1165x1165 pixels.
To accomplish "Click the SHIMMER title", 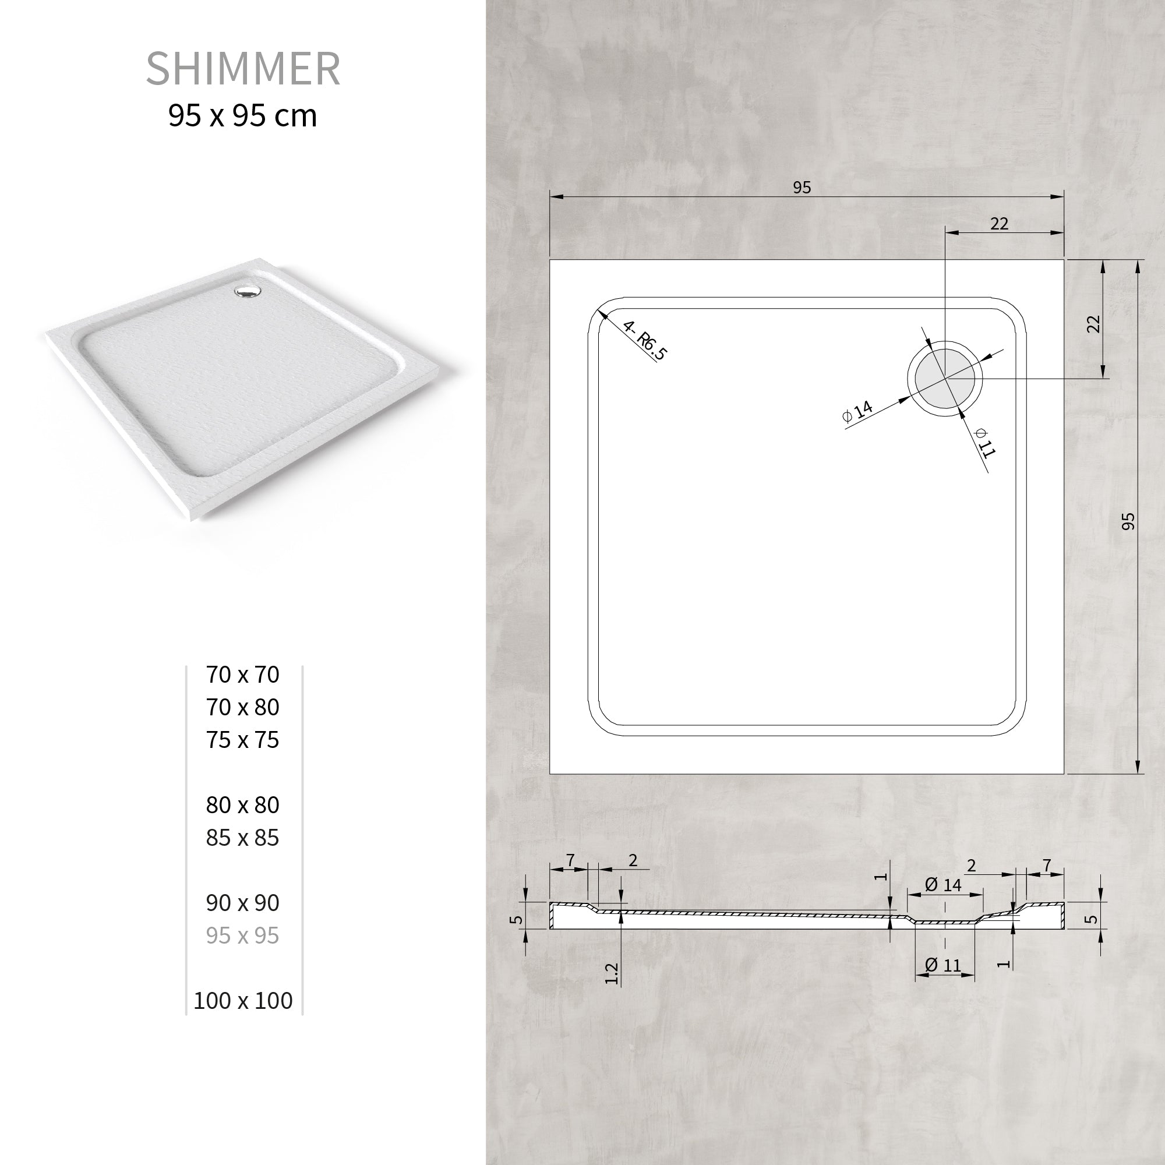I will [243, 69].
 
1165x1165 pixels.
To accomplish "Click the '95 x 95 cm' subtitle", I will [242, 116].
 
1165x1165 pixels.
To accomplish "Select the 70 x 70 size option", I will [242, 674].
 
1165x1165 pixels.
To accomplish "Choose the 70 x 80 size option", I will [242, 707].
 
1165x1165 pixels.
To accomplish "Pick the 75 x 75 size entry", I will [242, 739].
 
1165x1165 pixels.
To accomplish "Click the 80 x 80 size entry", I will [242, 804].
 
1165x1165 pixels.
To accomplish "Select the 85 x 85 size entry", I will [242, 837].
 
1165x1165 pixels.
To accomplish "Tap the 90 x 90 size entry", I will [242, 902].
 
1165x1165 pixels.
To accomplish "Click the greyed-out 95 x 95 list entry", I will [242, 935].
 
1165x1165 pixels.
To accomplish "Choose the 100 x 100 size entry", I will [242, 1000].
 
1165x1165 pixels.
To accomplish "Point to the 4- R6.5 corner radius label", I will [645, 341].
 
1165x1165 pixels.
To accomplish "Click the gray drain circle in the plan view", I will [944, 379].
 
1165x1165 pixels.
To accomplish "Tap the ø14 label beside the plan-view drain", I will [857, 411].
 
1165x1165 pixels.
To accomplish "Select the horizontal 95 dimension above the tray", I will [802, 188].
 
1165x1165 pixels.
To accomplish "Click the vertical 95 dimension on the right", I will [1128, 521].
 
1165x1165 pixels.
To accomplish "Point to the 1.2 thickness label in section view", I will [611, 973].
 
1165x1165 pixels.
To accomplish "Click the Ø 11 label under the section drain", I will [943, 965].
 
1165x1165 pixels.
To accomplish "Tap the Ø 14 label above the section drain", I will [943, 885].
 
